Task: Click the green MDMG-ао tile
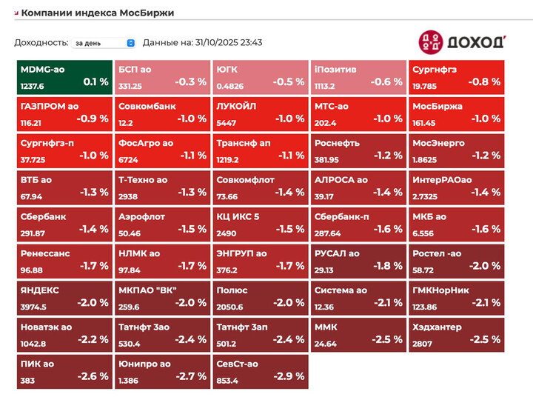(64, 77)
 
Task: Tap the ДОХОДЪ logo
(462, 42)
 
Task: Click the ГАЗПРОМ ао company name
(50, 107)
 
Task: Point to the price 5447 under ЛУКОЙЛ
(227, 122)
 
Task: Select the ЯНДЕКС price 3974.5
(34, 307)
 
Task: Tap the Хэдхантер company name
(437, 327)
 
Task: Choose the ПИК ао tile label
(38, 364)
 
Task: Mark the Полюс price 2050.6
(230, 307)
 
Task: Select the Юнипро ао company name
(145, 364)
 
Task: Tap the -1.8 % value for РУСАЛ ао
(387, 266)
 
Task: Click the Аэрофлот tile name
(142, 217)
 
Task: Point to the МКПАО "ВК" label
(148, 290)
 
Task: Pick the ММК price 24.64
(326, 344)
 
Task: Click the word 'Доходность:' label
(41, 43)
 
